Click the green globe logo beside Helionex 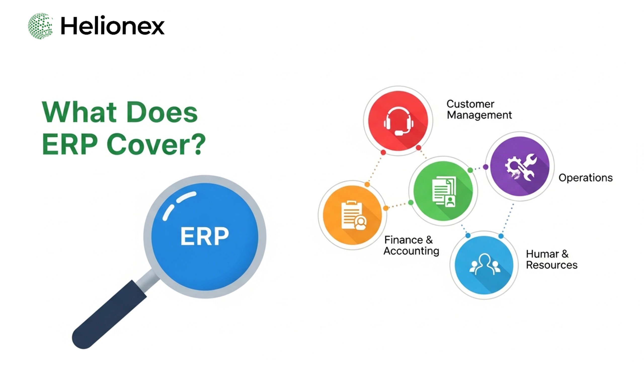(x=40, y=26)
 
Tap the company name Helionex (x=112, y=26)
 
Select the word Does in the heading (x=162, y=112)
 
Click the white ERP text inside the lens (x=204, y=236)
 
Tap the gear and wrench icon (x=520, y=167)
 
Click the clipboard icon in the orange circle (x=353, y=216)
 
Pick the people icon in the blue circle (x=485, y=265)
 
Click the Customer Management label (x=479, y=110)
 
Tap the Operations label (x=585, y=178)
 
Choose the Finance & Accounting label (x=411, y=245)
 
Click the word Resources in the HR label (x=551, y=265)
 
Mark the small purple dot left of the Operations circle (x=486, y=167)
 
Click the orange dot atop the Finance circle (x=367, y=184)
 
